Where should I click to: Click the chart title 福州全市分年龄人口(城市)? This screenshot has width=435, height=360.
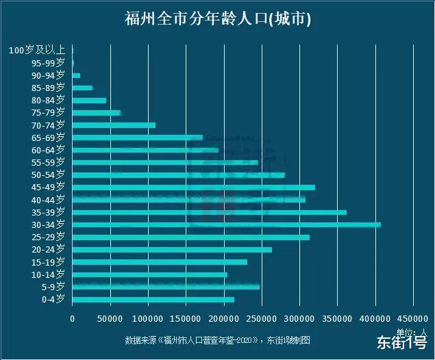pyautogui.click(x=218, y=18)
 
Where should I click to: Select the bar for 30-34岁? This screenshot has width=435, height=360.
pyautogui.click(x=226, y=224)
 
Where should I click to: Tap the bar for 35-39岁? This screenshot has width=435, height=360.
pyautogui.click(x=209, y=212)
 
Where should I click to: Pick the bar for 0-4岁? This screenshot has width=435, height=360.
pyautogui.click(x=153, y=299)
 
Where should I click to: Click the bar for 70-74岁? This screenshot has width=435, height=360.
pyautogui.click(x=114, y=125)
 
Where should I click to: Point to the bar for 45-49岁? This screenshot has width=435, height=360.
pyautogui.click(x=193, y=187)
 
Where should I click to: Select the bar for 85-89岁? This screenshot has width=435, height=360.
pyautogui.click(x=82, y=88)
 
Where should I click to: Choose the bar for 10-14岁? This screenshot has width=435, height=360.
pyautogui.click(x=149, y=274)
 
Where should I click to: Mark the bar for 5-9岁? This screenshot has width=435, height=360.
pyautogui.click(x=165, y=287)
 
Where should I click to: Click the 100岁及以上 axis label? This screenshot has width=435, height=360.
pyautogui.click(x=37, y=50)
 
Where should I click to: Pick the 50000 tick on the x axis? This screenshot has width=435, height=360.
pyautogui.click(x=110, y=318)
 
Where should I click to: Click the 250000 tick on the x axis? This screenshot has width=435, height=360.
pyautogui.click(x=261, y=318)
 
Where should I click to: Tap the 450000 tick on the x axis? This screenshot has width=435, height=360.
pyautogui.click(x=412, y=318)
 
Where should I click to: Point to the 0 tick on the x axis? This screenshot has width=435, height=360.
pyautogui.click(x=72, y=318)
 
